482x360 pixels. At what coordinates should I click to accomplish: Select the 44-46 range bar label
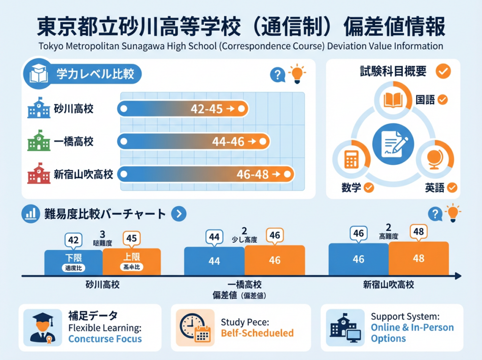coord(228,141)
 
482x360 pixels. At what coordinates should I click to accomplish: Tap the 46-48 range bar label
coord(253,175)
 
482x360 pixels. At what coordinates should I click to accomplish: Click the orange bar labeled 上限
coord(132,262)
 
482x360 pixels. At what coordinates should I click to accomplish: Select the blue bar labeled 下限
coord(73,262)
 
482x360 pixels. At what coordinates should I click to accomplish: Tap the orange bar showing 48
coord(418,258)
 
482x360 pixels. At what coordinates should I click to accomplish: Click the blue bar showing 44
coord(214,261)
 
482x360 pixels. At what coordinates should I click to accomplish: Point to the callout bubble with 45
coord(132,239)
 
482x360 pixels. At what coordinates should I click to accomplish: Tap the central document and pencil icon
coord(393,144)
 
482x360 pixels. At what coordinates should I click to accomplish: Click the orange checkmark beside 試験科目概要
coord(443,72)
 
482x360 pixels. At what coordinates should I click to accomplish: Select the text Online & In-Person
coord(412,328)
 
